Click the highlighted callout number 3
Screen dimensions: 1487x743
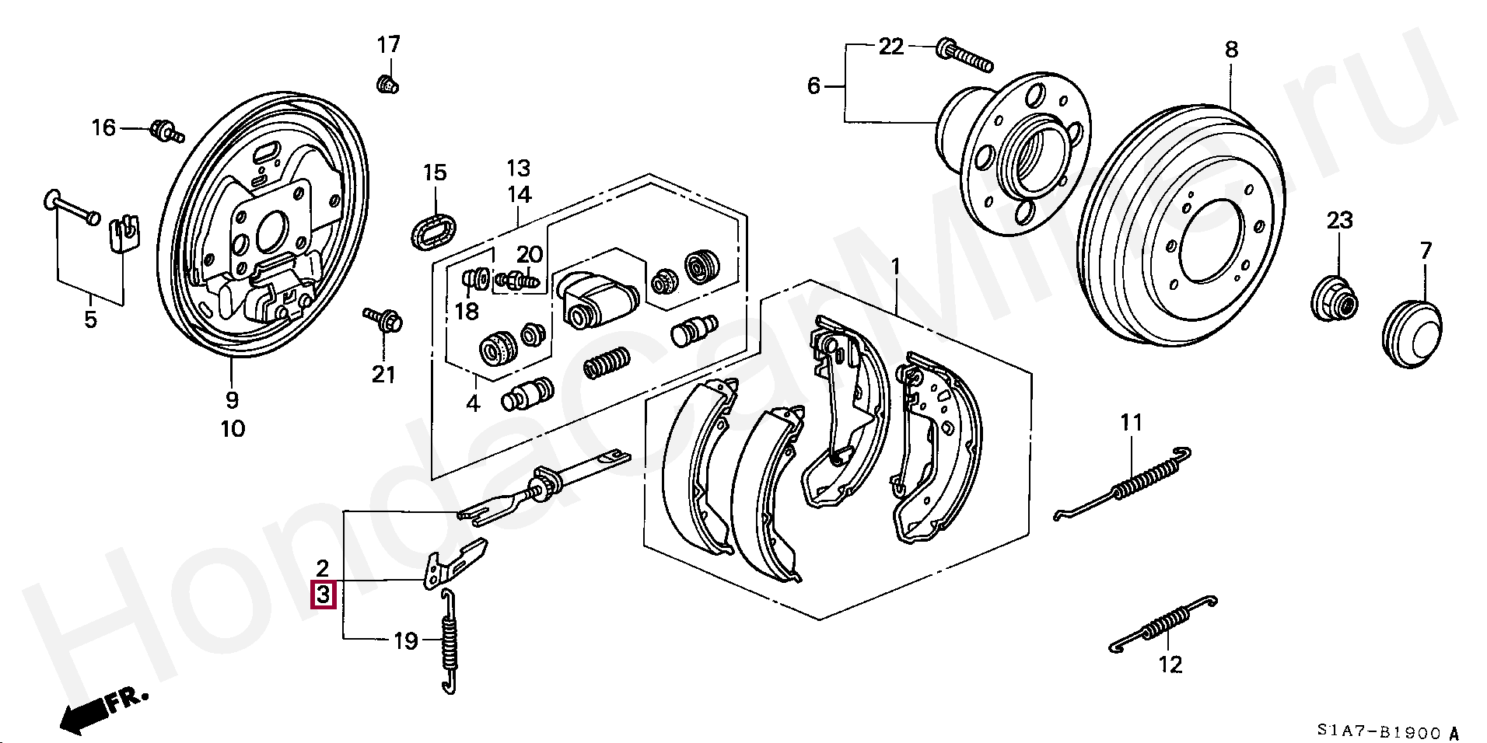[x=324, y=595]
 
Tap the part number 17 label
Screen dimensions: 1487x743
[x=389, y=45]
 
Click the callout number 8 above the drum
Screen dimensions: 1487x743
[x=1231, y=50]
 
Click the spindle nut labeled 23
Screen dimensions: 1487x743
[x=1335, y=298]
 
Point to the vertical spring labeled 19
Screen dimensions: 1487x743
[x=449, y=640]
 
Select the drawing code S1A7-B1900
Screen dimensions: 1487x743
[x=1380, y=731]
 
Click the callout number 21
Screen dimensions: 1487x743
[x=383, y=374]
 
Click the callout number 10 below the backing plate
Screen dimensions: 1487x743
[x=233, y=428]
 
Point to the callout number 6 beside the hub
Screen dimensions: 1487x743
[x=813, y=85]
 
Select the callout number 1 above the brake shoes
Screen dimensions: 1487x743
[x=895, y=267]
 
